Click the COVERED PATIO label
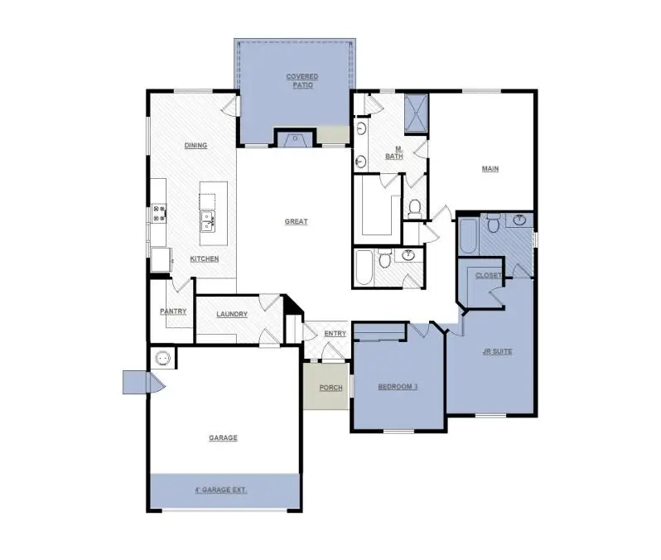(302, 80)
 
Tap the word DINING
(195, 146)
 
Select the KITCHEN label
(204, 259)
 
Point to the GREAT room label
(296, 221)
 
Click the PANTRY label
(172, 311)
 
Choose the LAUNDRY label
(232, 314)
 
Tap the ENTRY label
(335, 334)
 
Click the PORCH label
(330, 388)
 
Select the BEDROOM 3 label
(398, 386)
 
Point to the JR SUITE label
(497, 351)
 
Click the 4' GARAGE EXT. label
(220, 490)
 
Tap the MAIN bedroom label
(491, 169)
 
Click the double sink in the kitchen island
(207, 220)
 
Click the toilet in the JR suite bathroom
(492, 223)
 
